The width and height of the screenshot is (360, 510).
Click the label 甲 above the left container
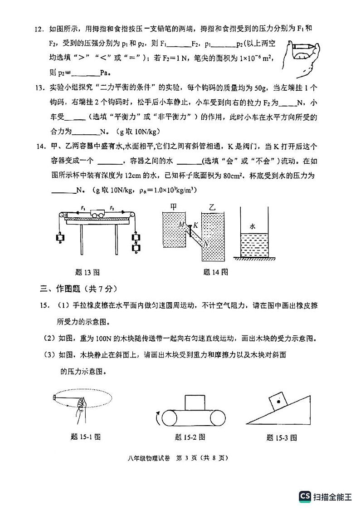click(173, 206)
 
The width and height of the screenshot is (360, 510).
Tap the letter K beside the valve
click(195, 225)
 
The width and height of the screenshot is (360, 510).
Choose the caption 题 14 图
click(215, 272)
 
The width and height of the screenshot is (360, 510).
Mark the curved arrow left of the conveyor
click(158, 417)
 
